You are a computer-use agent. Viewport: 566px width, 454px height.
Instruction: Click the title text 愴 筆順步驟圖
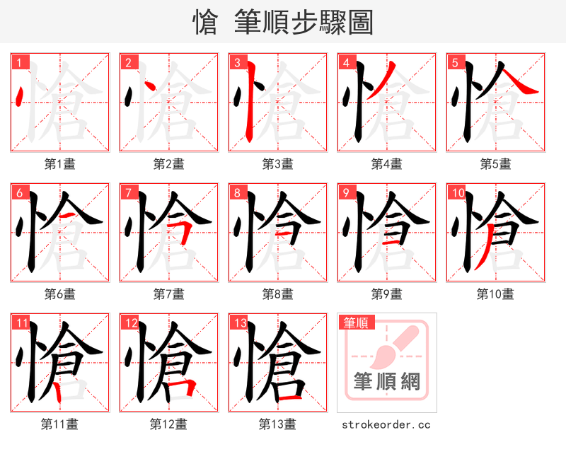point(283,23)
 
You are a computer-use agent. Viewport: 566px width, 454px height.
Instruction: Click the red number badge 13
point(239,323)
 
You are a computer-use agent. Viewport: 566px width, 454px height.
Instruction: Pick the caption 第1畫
point(60,164)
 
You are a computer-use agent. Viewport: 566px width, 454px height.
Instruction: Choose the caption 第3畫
point(278,164)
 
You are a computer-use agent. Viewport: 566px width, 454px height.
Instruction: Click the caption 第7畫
point(169,293)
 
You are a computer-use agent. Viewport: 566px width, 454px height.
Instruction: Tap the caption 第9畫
point(387,293)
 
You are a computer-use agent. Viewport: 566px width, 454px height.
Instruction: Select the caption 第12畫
point(168,424)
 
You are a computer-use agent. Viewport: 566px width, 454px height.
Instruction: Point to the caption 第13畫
point(277,424)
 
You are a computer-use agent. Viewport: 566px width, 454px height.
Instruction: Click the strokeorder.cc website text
point(386,425)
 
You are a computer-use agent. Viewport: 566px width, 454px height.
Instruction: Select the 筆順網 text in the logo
point(387,382)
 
